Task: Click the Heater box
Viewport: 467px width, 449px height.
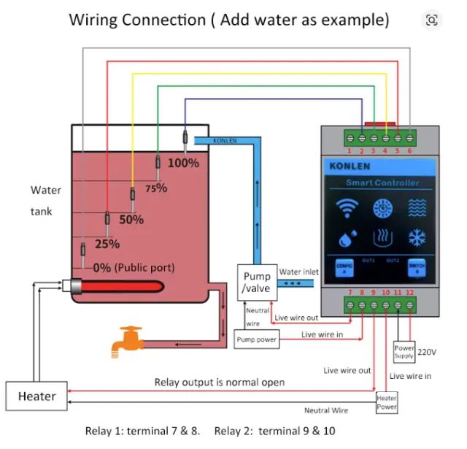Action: click(36, 396)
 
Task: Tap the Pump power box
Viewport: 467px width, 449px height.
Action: click(256, 339)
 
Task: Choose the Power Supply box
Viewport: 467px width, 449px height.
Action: click(404, 352)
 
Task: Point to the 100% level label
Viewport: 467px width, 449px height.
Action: click(183, 163)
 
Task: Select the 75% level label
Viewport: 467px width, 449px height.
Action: click(156, 188)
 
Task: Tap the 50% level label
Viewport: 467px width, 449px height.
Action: click(131, 219)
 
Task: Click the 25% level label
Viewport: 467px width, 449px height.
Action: click(107, 244)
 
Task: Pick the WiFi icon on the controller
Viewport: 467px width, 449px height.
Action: click(347, 209)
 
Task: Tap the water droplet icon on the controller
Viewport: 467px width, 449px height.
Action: click(347, 238)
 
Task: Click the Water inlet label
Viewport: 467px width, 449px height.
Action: click(298, 272)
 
